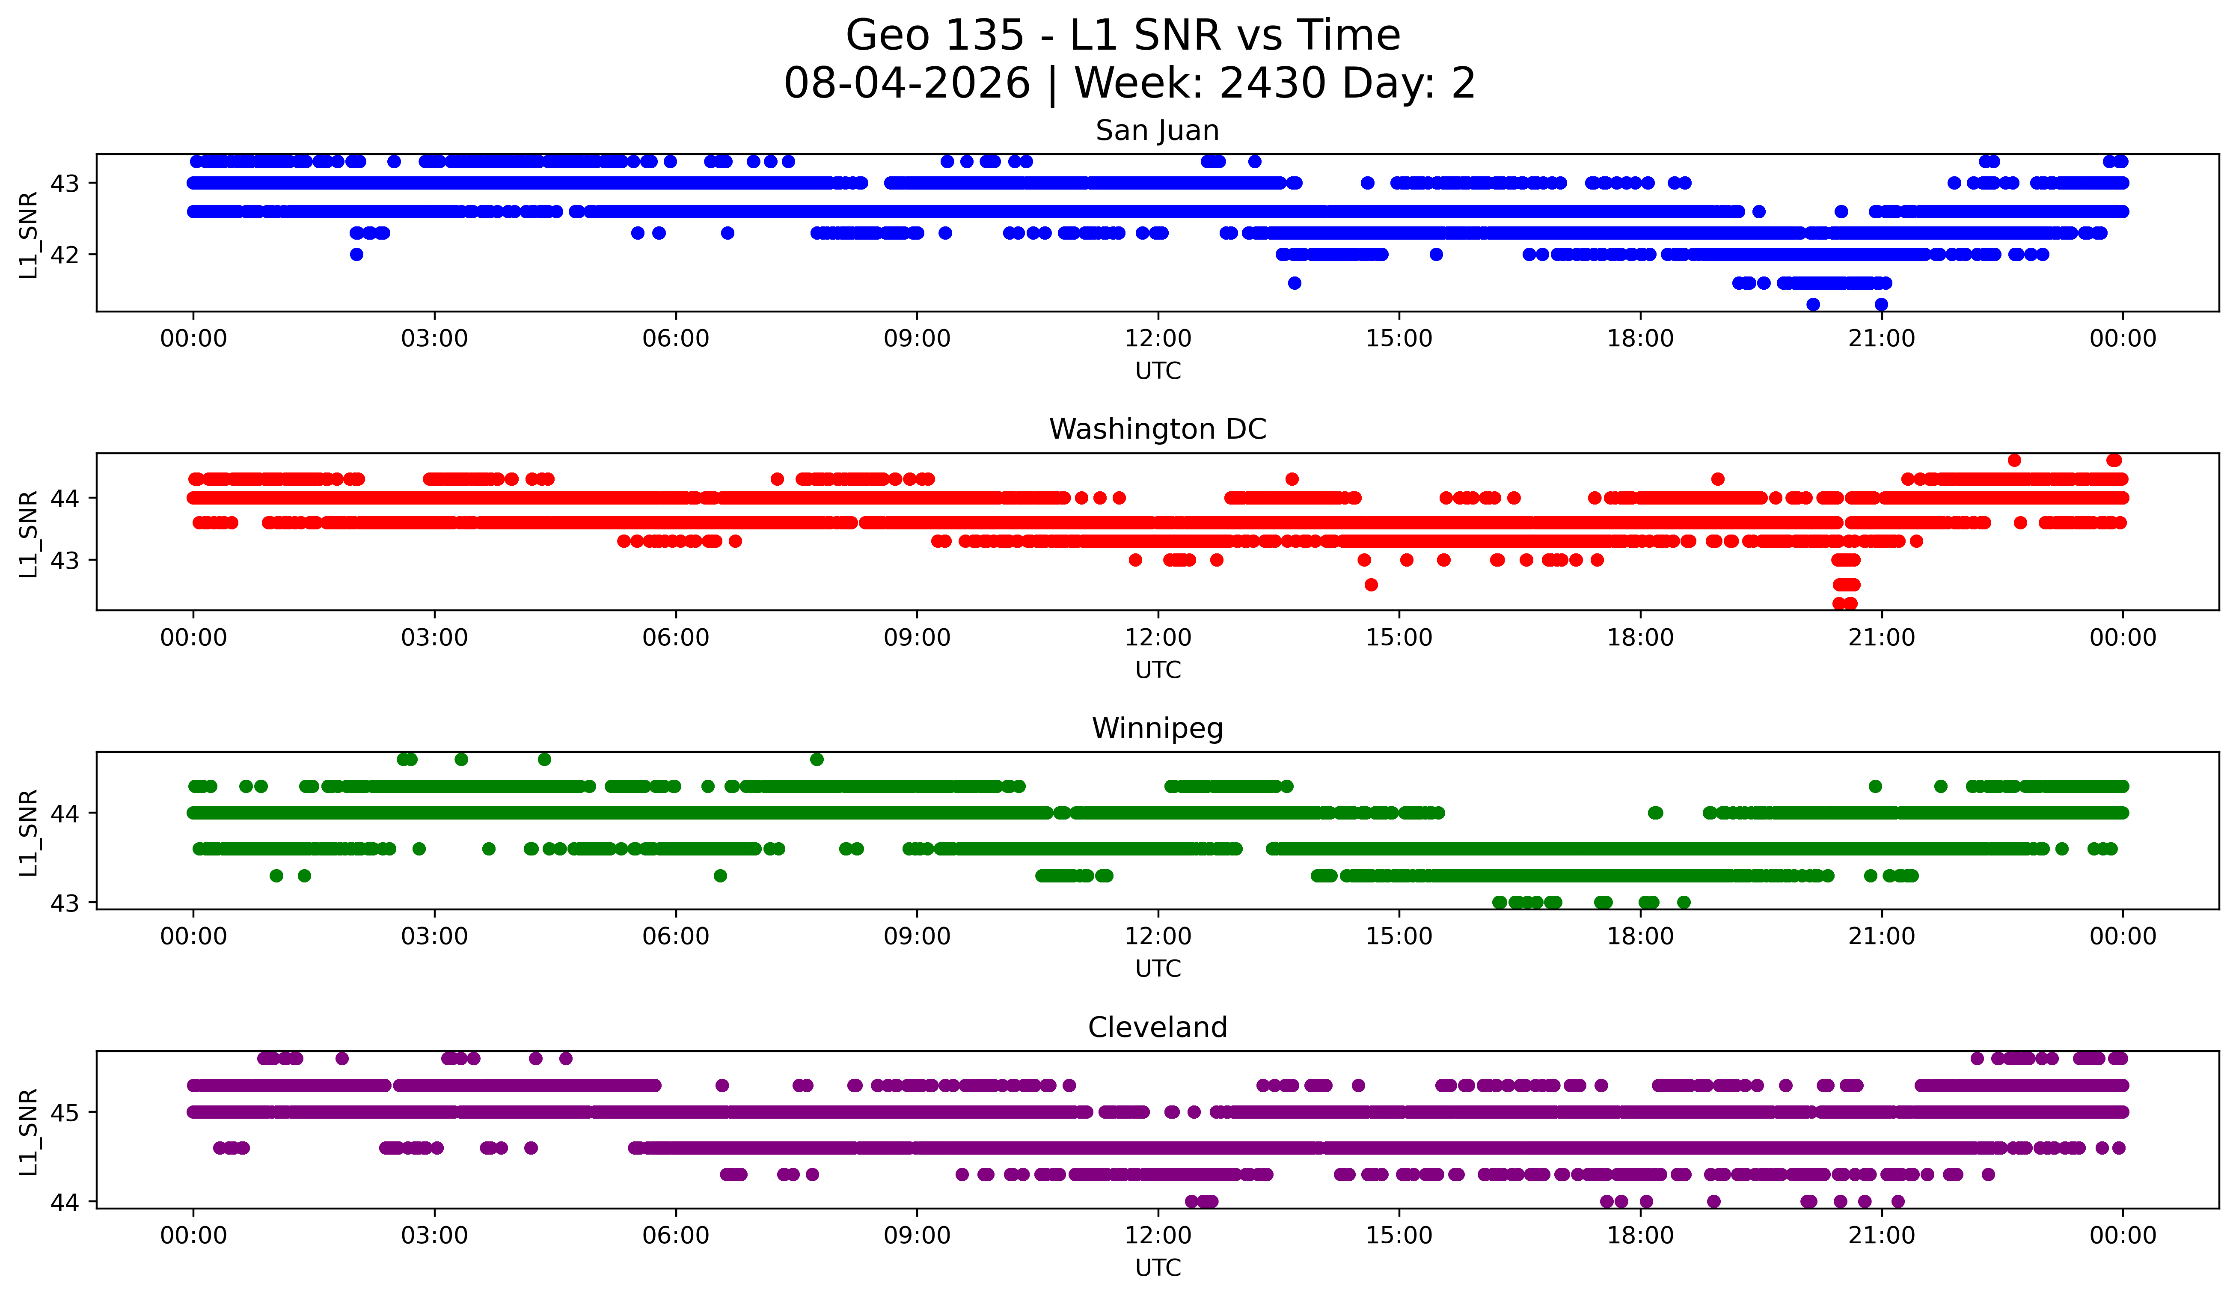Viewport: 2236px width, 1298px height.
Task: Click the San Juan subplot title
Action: coord(1157,131)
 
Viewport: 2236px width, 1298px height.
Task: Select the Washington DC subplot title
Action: coord(1157,429)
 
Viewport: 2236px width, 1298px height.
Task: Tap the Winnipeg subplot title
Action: coord(1157,728)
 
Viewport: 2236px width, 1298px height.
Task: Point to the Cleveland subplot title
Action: coord(1157,1028)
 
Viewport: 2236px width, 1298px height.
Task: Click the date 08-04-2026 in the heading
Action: coord(907,83)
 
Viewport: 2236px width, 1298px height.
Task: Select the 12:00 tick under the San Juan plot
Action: coord(1158,339)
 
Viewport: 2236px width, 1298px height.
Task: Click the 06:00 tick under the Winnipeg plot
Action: coord(676,937)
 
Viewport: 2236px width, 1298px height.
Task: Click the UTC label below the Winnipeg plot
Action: coord(1158,969)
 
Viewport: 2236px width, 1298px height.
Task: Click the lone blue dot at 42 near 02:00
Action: coord(357,255)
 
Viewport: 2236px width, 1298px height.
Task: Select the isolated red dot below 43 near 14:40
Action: coord(1371,585)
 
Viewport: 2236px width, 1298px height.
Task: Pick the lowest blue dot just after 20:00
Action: coord(1813,304)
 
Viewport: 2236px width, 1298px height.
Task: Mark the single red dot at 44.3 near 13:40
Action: coord(1292,479)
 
